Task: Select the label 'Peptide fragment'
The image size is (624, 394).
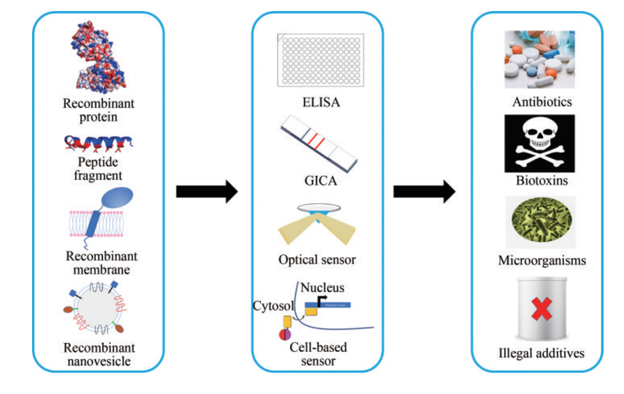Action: [x=98, y=169]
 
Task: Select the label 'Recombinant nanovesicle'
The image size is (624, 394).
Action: [x=99, y=355]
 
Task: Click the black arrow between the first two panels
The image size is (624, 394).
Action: [x=206, y=191]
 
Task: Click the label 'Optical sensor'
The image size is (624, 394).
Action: [x=318, y=259]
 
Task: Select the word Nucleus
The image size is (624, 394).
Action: [x=323, y=288]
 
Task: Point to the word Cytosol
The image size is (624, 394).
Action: [x=274, y=305]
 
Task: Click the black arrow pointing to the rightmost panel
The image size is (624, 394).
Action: [x=424, y=191]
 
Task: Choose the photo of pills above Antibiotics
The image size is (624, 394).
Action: [x=539, y=59]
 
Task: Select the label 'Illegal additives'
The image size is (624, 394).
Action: [x=540, y=352]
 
